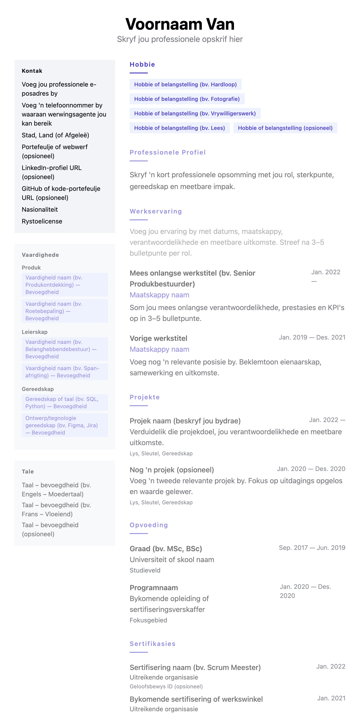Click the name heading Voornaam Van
(x=180, y=24)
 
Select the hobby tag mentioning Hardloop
(x=185, y=85)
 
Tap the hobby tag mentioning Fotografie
(x=187, y=99)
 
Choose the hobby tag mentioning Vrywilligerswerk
(x=195, y=113)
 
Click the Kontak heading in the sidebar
(x=32, y=71)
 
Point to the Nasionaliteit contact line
(x=40, y=209)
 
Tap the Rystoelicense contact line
(x=42, y=221)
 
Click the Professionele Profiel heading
(x=168, y=152)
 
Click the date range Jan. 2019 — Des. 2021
(x=312, y=337)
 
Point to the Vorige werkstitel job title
(x=158, y=338)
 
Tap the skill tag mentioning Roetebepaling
(x=65, y=311)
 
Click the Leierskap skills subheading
(x=34, y=332)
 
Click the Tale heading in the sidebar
(x=28, y=471)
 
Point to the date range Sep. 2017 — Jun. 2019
(x=312, y=547)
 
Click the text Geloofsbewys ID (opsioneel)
(x=166, y=687)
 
